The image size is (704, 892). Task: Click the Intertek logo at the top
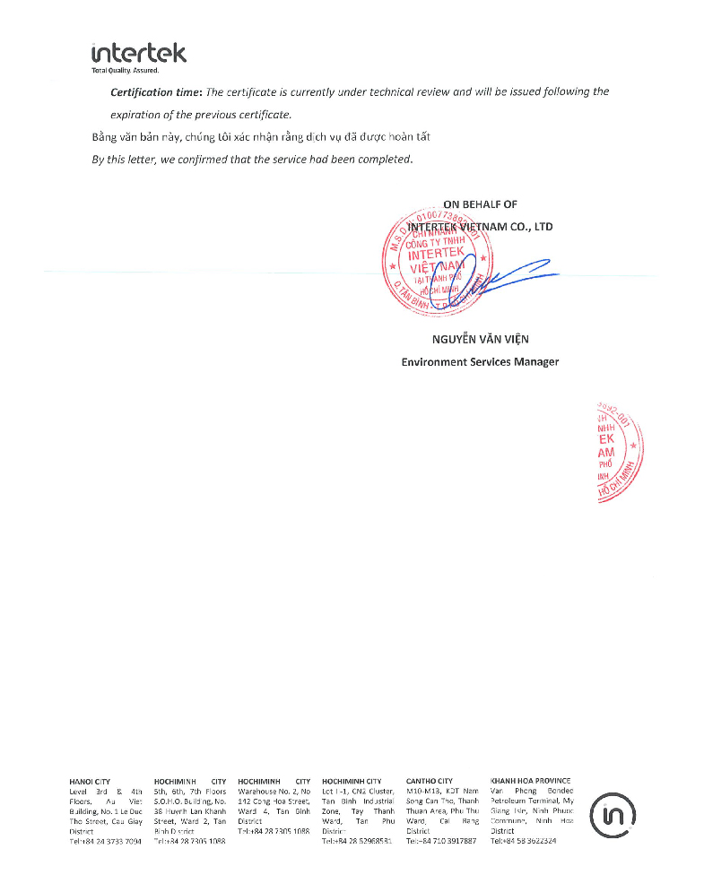tap(138, 53)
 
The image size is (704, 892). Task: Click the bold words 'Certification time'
tap(155, 92)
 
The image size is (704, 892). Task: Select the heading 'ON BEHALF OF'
tap(480, 204)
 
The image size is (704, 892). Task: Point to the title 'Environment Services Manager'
tap(480, 361)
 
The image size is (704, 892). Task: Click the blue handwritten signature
tap(502, 273)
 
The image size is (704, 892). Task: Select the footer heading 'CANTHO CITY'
tap(430, 781)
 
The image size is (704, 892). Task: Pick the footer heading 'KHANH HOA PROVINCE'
tap(531, 781)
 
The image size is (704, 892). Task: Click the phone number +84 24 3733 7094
tap(110, 842)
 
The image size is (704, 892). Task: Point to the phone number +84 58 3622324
tap(528, 842)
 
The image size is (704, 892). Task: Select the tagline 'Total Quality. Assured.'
tap(125, 70)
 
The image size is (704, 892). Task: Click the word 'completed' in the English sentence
tap(382, 160)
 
